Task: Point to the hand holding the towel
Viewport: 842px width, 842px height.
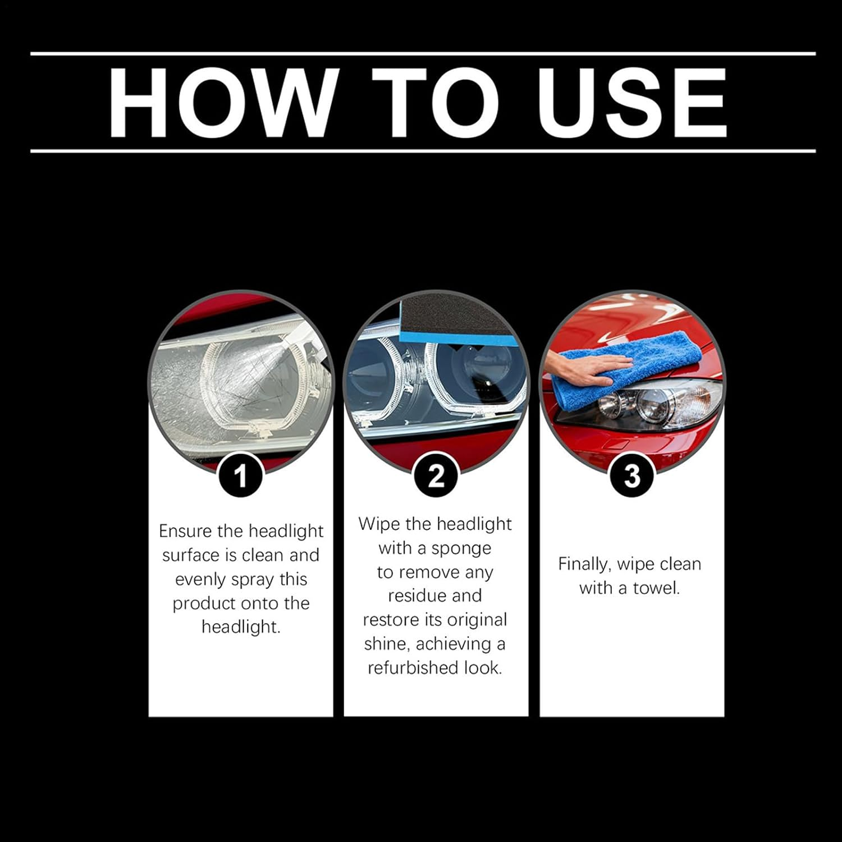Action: pyautogui.click(x=584, y=371)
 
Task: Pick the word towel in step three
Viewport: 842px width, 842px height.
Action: pyautogui.click(x=656, y=588)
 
